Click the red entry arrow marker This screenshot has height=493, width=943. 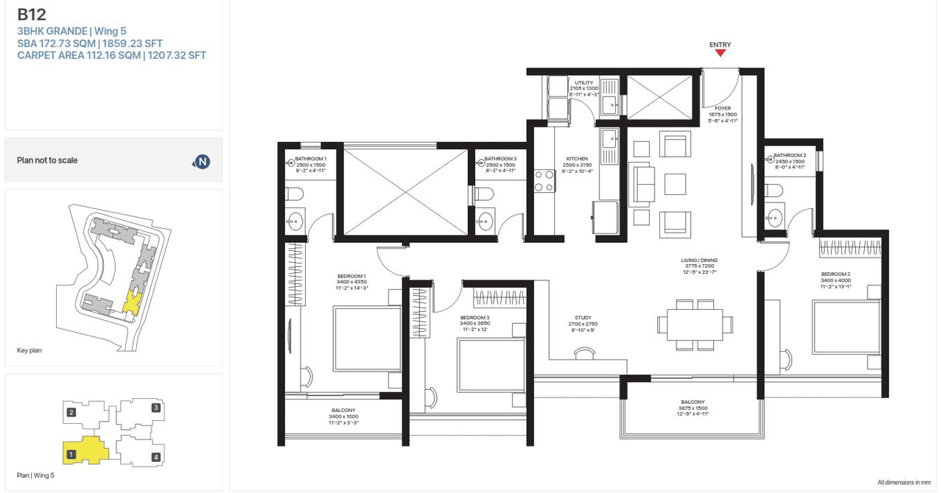[720, 54]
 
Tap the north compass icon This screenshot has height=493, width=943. [201, 161]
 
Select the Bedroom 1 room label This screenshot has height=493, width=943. [351, 276]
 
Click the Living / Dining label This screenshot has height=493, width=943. [699, 260]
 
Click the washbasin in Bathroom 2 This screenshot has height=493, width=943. [774, 216]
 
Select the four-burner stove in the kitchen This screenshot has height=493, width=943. [544, 181]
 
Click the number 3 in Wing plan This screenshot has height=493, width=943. [155, 408]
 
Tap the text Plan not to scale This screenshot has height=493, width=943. [47, 160]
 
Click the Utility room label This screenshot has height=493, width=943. [584, 83]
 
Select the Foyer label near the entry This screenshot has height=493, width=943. [722, 108]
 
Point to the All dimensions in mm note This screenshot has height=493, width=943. [903, 482]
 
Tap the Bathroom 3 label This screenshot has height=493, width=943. [500, 159]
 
